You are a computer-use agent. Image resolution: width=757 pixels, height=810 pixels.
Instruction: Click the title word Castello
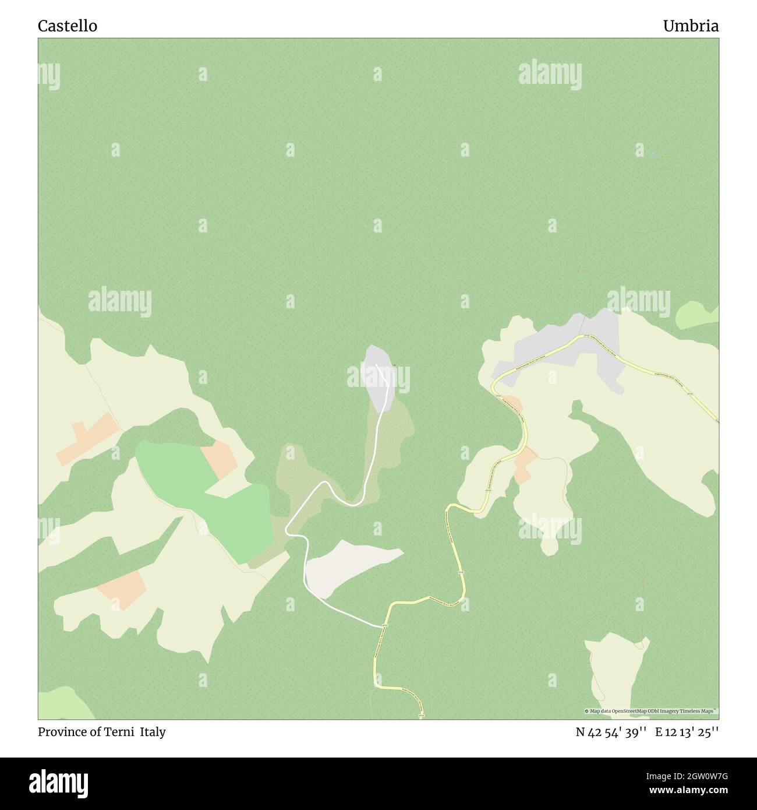(68, 26)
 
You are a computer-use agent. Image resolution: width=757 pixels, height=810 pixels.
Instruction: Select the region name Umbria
(690, 26)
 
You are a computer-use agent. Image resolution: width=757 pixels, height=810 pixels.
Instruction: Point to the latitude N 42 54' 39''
(611, 732)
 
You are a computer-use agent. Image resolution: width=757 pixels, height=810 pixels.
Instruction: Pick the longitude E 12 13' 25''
(687, 732)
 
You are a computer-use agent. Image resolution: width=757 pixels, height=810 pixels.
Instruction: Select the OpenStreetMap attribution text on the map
(651, 711)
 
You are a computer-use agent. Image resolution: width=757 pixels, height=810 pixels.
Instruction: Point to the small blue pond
(653, 155)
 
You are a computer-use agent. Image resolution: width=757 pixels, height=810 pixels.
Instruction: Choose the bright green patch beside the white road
(204, 495)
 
